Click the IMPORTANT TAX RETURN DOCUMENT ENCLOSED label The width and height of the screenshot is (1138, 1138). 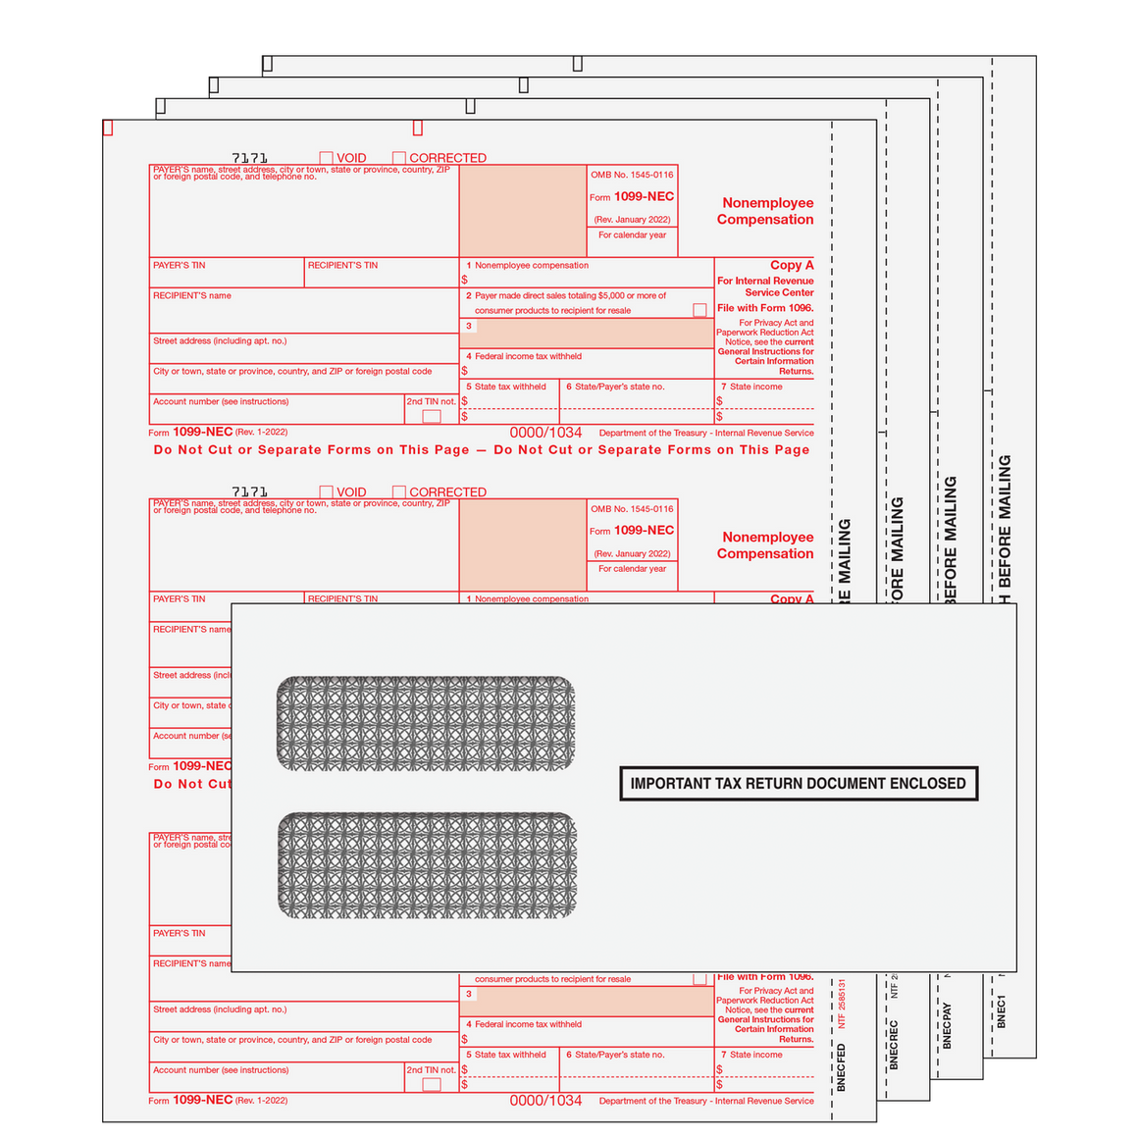click(799, 784)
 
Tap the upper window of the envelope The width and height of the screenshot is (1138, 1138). click(426, 723)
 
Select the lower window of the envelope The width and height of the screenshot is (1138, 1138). click(427, 865)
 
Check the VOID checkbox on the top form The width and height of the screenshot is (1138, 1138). click(327, 158)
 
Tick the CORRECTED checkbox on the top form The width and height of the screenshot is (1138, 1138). click(399, 158)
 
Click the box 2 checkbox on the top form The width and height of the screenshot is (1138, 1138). click(699, 310)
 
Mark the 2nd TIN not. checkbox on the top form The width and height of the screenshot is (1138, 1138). click(432, 416)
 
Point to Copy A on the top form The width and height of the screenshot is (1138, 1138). click(792, 265)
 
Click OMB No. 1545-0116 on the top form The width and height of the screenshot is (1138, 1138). click(632, 175)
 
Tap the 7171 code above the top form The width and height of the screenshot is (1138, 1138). click(249, 158)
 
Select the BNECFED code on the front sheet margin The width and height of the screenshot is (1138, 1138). click(842, 1067)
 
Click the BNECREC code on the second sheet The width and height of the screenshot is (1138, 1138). click(894, 1044)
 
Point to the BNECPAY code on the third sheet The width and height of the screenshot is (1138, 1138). click(947, 1025)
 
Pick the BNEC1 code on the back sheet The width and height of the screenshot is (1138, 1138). click(1002, 1011)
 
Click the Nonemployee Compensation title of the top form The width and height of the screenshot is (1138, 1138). click(765, 211)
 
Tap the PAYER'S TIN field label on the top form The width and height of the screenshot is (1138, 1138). click(180, 265)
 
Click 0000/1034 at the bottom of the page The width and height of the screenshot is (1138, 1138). click(545, 1101)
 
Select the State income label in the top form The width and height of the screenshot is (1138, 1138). click(755, 387)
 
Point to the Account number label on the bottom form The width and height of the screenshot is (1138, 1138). click(221, 1070)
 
